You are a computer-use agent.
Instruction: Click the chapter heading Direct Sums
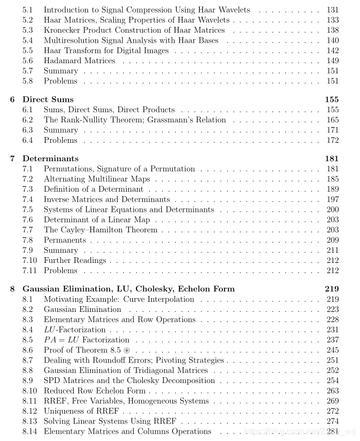coord(48,100)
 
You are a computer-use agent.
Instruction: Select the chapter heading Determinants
coord(50,159)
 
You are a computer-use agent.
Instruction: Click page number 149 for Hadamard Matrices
coord(333,61)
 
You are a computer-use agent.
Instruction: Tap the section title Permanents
coord(64,240)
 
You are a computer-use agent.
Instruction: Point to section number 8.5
coord(27,340)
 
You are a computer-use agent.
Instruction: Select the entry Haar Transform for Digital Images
coord(106,51)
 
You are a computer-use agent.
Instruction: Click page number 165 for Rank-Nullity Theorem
coord(333,120)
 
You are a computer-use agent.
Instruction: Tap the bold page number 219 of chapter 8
coord(332,289)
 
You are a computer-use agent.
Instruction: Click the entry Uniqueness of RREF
coord(81,411)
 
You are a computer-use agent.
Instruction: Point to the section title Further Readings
coord(75,260)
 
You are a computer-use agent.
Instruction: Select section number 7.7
coord(27,230)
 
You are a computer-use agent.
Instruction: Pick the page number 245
coord(333,350)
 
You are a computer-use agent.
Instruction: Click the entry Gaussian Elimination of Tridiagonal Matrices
coord(125,370)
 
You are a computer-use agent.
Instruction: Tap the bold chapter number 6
coord(13,100)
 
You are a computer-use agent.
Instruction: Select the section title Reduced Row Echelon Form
coord(94,390)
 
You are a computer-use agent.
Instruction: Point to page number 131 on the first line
coord(333,10)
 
